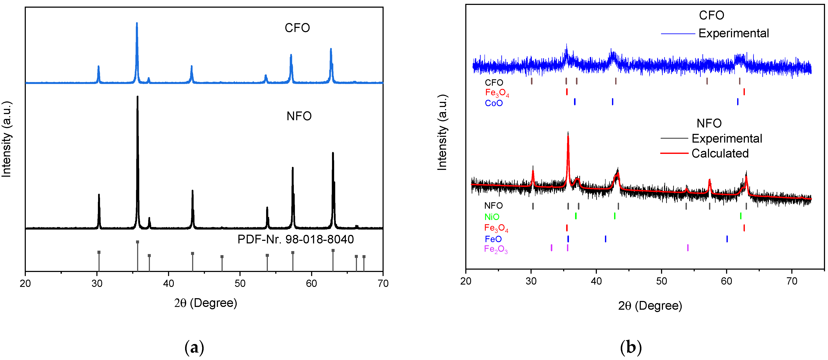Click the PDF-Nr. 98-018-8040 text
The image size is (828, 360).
[x=295, y=239]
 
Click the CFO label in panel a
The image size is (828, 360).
[x=297, y=28]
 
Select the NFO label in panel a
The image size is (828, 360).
[x=299, y=116]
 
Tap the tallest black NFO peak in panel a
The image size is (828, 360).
[x=138, y=97]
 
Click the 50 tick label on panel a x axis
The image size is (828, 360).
[x=240, y=283]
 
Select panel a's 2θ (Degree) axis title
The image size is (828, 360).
[x=206, y=303]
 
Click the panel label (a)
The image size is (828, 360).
[x=194, y=348]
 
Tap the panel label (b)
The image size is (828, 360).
[x=631, y=348]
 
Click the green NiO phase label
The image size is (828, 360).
[x=492, y=217]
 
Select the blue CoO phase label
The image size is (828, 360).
[x=494, y=103]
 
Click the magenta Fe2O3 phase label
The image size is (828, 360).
[x=496, y=249]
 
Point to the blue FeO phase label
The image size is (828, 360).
[x=493, y=239]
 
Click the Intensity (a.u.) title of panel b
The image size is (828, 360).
[x=442, y=132]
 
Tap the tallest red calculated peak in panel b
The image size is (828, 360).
[x=568, y=137]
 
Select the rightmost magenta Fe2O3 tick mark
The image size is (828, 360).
[x=687, y=248]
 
